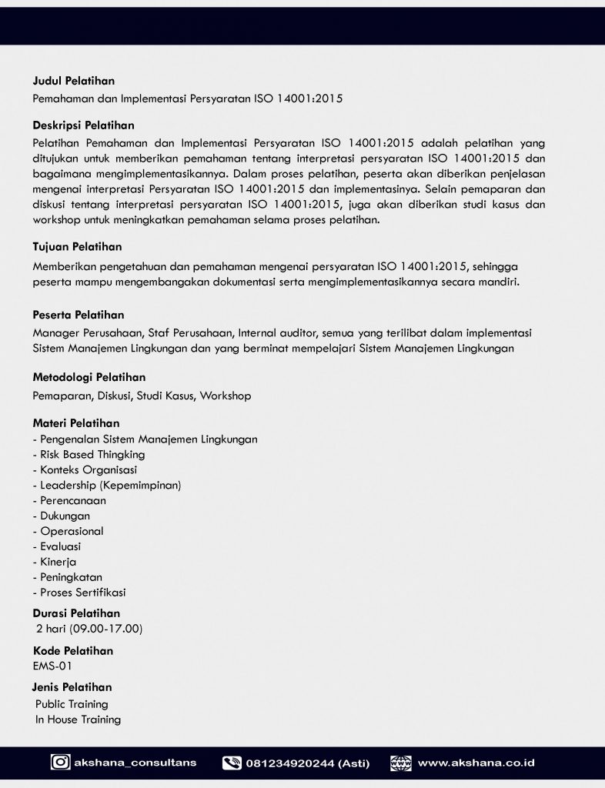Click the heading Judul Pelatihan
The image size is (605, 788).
coord(74,81)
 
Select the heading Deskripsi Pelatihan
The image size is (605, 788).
coord(83,125)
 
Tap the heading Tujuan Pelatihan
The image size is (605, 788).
coord(77,247)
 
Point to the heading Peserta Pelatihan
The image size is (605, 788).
coord(79,315)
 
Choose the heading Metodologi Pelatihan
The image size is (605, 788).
coord(89,377)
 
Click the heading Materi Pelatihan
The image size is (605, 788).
coord(76,423)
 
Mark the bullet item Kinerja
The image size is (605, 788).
coord(58,562)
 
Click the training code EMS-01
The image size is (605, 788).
coord(52,666)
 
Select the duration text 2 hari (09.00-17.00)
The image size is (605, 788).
coord(89,629)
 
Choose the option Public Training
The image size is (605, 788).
coord(72,704)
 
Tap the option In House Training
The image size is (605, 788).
coord(78,720)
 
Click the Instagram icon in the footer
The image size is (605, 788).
coord(60,763)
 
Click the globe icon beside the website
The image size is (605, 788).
coord(400,763)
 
